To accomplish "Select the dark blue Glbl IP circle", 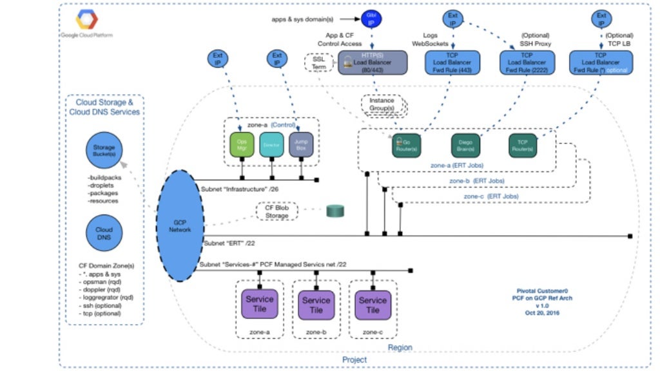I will pyautogui.click(x=371, y=20).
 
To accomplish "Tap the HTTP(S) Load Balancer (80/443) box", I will pyautogui.click(x=373, y=62).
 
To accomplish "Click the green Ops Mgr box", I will pyautogui.click(x=242, y=146).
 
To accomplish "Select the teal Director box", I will pyautogui.click(x=271, y=146).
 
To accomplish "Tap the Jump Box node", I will pyautogui.click(x=301, y=146).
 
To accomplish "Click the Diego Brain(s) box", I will pyautogui.click(x=466, y=146).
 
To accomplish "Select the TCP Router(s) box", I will pyautogui.click(x=522, y=146).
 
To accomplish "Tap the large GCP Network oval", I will pyautogui.click(x=181, y=225).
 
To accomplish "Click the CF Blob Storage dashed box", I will pyautogui.click(x=278, y=211).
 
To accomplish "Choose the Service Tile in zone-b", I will pyautogui.click(x=316, y=305).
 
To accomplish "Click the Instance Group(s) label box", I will pyautogui.click(x=382, y=104).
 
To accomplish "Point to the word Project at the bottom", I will pyautogui.click(x=354, y=359).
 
